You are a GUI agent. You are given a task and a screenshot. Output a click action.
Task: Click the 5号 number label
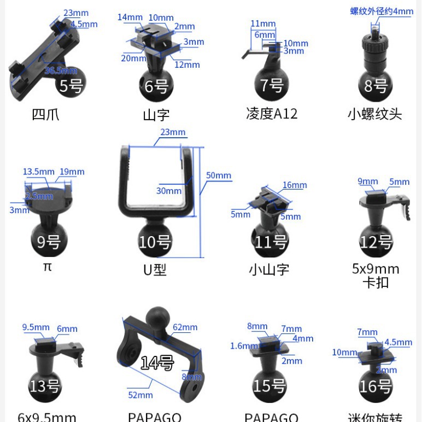tap(72, 86)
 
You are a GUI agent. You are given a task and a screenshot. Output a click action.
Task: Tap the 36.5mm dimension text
tap(61, 71)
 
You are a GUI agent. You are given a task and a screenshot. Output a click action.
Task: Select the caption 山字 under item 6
tap(156, 115)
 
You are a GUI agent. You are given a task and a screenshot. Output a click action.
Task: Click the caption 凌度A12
tap(272, 114)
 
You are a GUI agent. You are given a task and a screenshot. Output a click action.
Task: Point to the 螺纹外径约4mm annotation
tap(382, 11)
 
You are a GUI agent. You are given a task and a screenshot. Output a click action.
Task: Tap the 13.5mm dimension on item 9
tap(39, 172)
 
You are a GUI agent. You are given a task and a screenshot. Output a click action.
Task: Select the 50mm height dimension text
tap(219, 175)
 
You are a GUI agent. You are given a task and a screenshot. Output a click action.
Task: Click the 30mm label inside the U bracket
tap(169, 191)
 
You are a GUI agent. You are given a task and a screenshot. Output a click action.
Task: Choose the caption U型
tap(155, 269)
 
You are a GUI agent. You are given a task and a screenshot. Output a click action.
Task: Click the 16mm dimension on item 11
tap(295, 185)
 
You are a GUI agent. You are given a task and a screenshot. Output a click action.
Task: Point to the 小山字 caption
tap(268, 269)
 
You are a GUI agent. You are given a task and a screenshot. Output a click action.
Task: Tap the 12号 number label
tap(376, 242)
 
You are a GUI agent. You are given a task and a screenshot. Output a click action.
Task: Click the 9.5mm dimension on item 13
tap(36, 327)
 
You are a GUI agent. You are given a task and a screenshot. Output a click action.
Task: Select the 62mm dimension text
tap(185, 327)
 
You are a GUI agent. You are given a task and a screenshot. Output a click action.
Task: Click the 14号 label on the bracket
tap(157, 362)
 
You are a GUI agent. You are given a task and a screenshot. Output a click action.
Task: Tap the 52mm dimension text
tap(140, 395)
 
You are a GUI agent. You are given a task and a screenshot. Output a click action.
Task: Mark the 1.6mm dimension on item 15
tap(244, 346)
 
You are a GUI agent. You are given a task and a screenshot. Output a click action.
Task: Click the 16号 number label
tap(376, 386)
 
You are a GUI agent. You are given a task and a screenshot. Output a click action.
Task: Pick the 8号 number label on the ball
tap(376, 86)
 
